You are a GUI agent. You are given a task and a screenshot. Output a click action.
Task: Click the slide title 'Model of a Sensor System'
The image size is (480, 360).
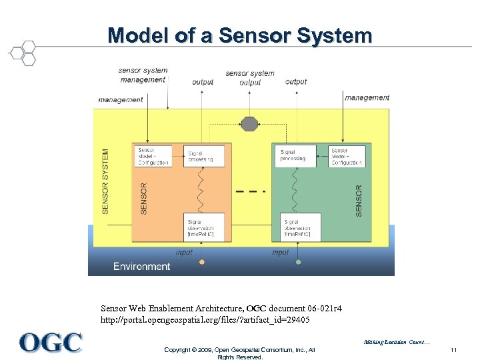click(x=240, y=35)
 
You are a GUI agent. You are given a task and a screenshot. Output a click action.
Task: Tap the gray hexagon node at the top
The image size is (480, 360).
click(x=249, y=123)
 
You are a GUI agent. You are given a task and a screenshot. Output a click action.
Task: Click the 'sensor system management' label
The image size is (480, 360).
click(x=143, y=75)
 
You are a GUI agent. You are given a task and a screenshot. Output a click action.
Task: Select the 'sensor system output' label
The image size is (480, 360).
click(x=250, y=78)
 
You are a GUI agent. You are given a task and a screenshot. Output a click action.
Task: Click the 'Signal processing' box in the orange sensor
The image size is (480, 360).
click(x=204, y=156)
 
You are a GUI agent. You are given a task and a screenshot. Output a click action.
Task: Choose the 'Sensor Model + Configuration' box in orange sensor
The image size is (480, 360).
click(x=153, y=156)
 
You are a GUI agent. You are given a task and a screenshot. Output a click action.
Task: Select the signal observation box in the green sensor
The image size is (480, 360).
click(x=301, y=227)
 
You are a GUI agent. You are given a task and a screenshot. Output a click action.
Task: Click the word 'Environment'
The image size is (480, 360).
click(x=141, y=267)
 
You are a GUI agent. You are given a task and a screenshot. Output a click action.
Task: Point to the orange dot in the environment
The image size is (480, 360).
click(x=202, y=262)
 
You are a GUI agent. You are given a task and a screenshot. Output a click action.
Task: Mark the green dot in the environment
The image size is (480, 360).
click(x=298, y=262)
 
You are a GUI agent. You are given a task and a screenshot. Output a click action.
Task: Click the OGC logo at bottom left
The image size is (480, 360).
click(x=51, y=343)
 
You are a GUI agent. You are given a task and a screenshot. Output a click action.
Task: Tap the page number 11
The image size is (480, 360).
click(x=453, y=350)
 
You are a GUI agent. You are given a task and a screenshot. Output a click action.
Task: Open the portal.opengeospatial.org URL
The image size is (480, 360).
click(x=205, y=320)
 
